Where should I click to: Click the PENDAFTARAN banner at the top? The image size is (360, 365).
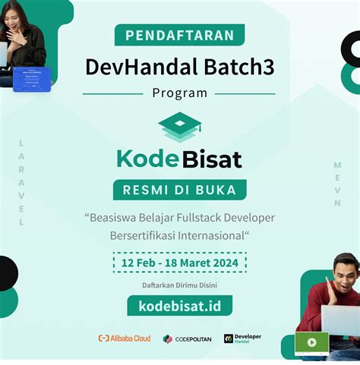click(179, 35)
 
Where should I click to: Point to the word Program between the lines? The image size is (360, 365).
click(179, 93)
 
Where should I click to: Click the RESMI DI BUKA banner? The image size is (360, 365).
click(179, 189)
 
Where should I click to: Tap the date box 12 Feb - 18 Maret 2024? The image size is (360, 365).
click(179, 263)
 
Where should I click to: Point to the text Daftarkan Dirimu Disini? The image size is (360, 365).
click(179, 285)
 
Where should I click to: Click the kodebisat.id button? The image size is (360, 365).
click(179, 306)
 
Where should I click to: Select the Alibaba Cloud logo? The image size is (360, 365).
click(125, 338)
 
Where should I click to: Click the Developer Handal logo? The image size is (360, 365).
click(242, 338)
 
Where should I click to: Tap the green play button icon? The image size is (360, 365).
click(311, 342)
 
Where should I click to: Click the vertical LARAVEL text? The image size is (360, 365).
click(21, 182)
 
